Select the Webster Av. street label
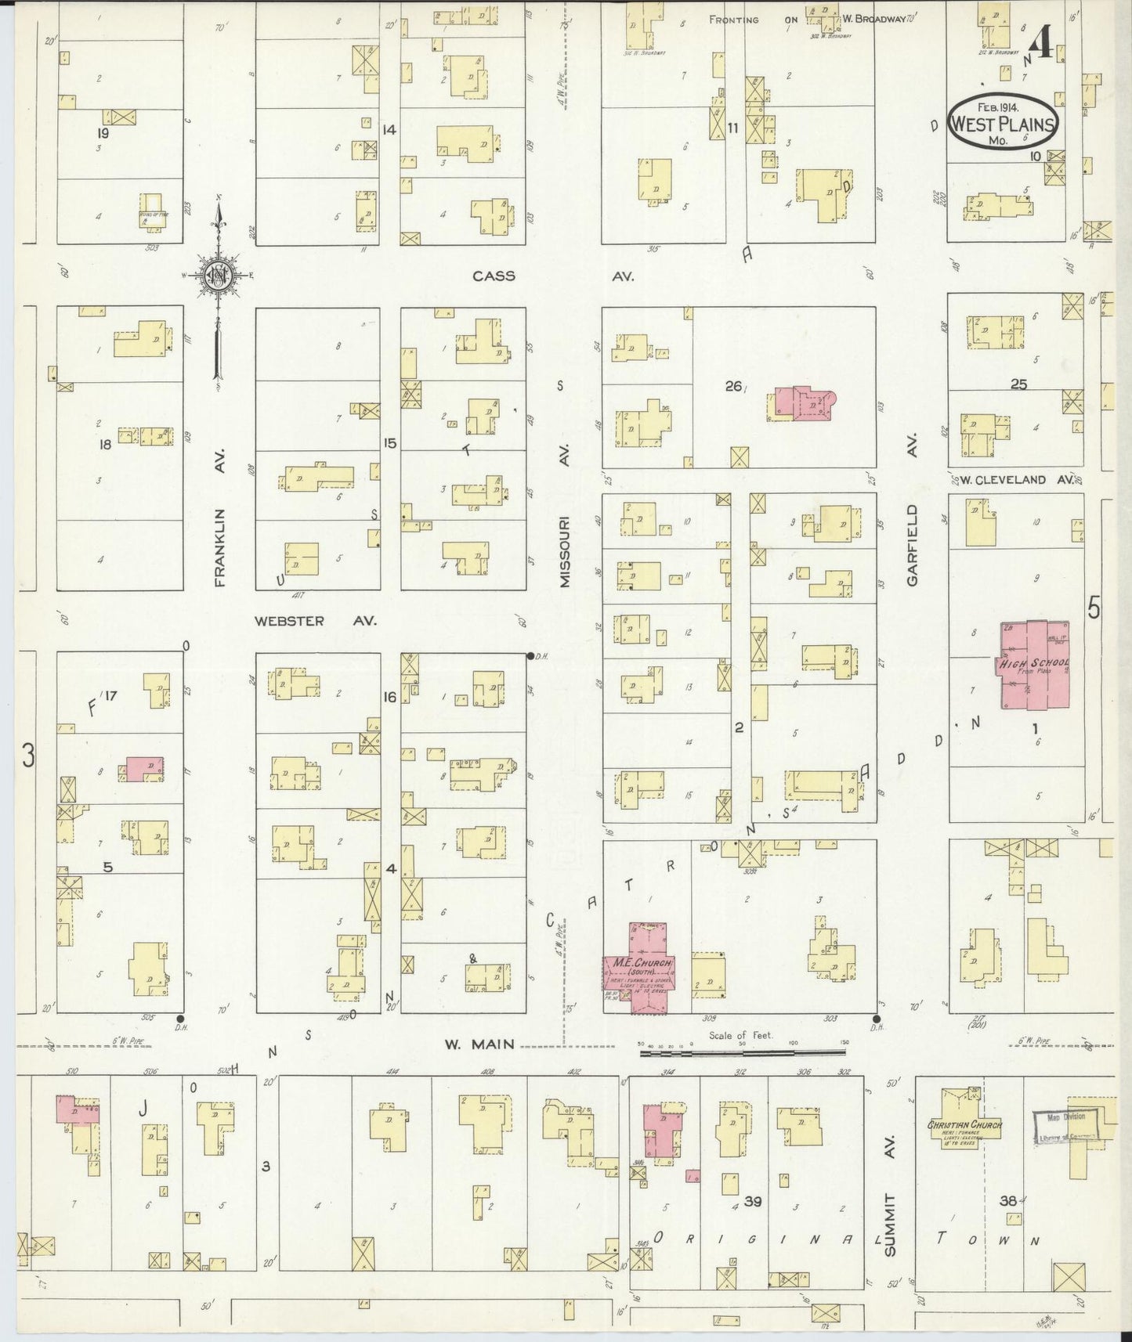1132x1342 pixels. [x=315, y=620]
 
